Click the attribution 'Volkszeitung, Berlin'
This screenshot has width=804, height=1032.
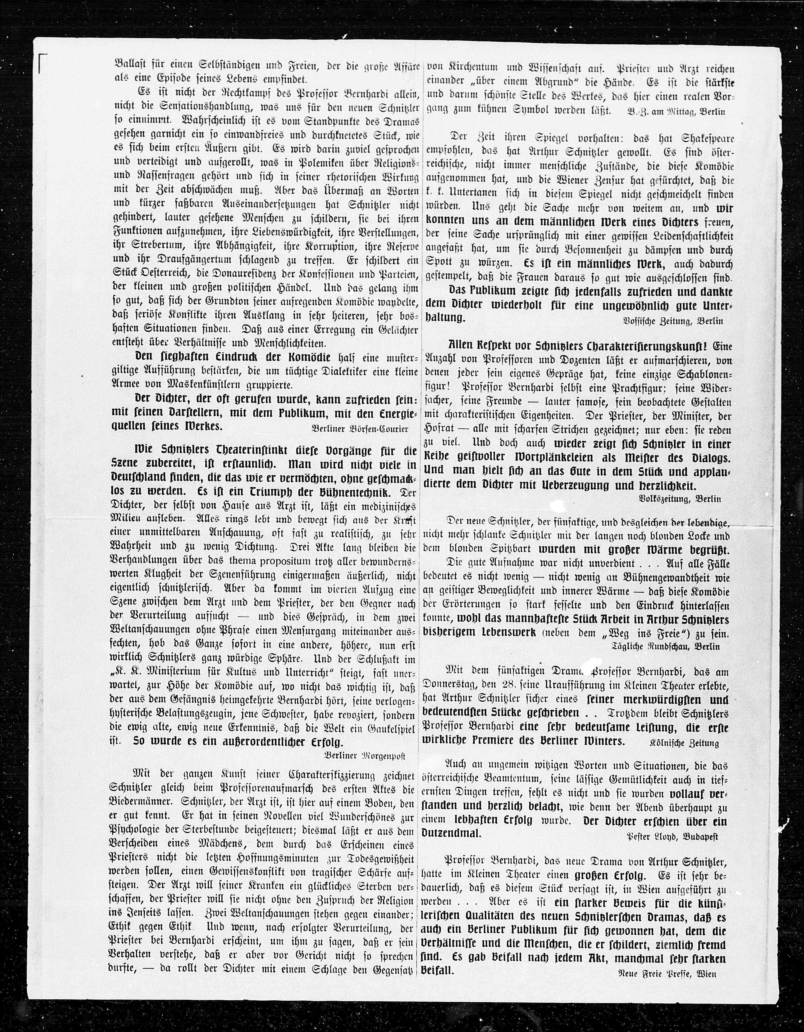tap(679, 498)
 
